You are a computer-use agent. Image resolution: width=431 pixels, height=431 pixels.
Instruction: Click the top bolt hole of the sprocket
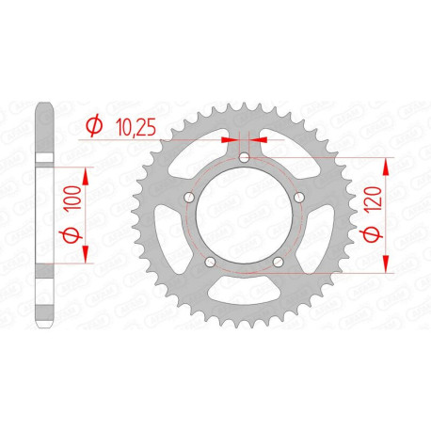click(x=243, y=158)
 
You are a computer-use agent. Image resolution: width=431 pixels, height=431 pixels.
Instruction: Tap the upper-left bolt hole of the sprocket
click(x=189, y=198)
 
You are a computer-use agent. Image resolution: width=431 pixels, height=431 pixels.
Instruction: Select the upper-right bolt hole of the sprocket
click(x=296, y=198)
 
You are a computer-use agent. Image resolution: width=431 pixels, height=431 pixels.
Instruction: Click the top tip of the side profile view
click(x=45, y=102)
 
